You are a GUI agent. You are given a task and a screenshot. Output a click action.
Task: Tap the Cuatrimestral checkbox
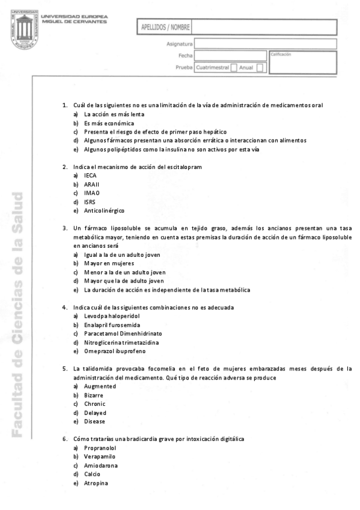pyautogui.click(x=234, y=68)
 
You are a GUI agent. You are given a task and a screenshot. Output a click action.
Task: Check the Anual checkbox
pyautogui.click(x=260, y=68)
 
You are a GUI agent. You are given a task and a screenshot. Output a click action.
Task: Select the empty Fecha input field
pyautogui.click(x=230, y=56)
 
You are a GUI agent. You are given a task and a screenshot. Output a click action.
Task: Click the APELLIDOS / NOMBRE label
pyautogui.click(x=165, y=28)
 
